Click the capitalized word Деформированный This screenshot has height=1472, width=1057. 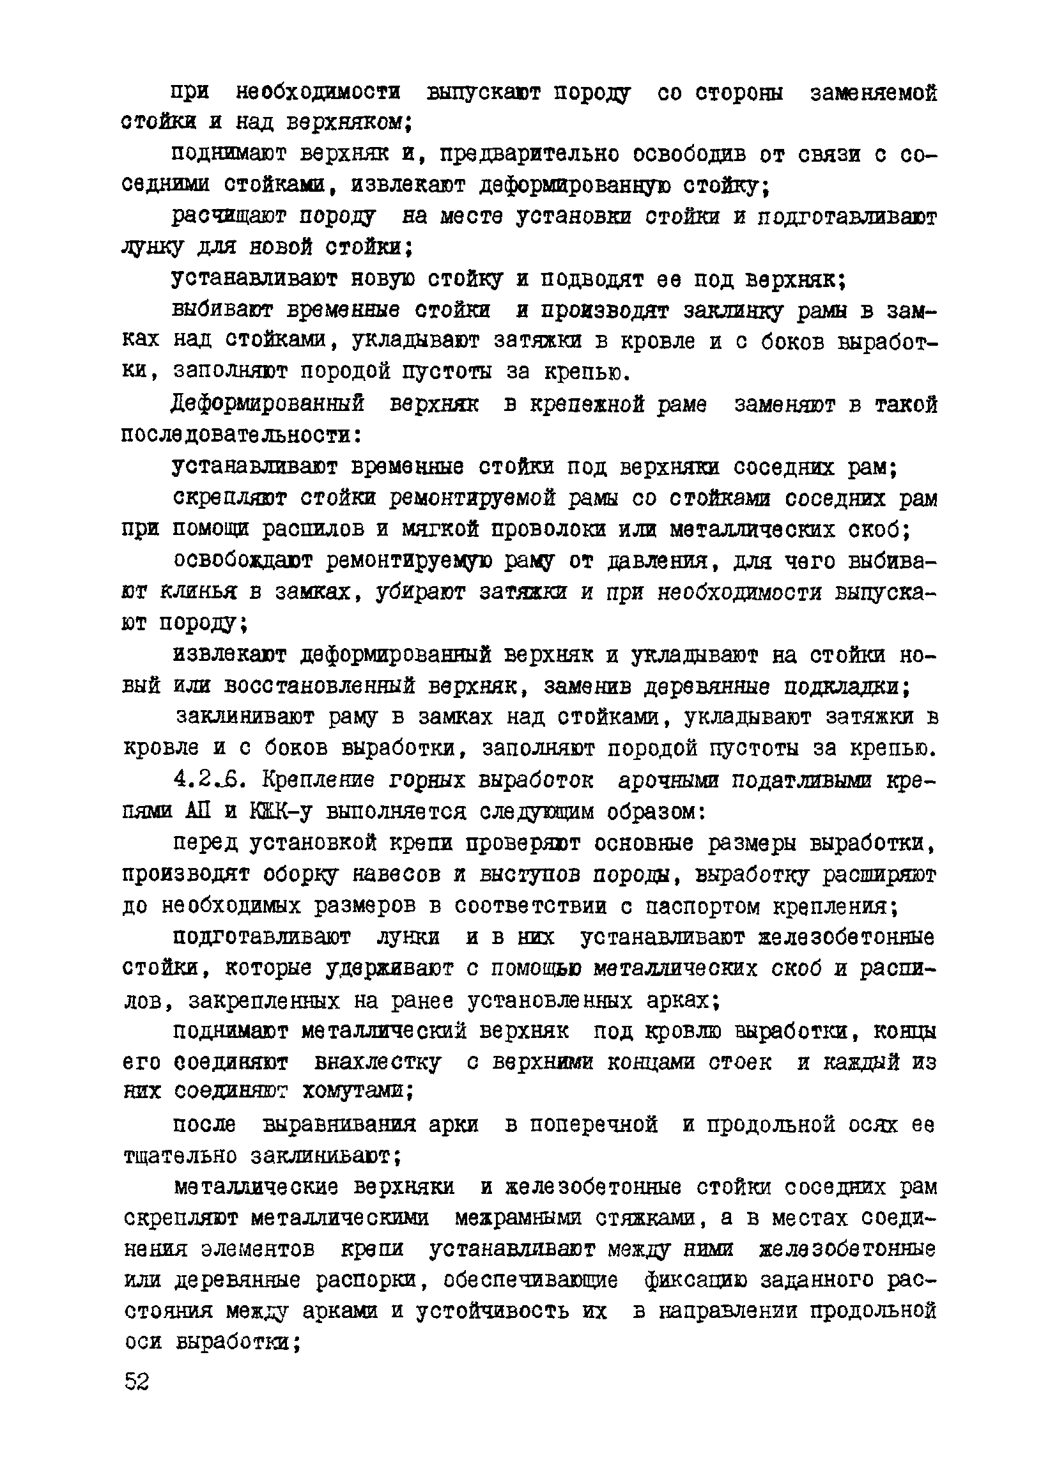click(268, 405)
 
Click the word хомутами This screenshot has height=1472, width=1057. click(357, 1092)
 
